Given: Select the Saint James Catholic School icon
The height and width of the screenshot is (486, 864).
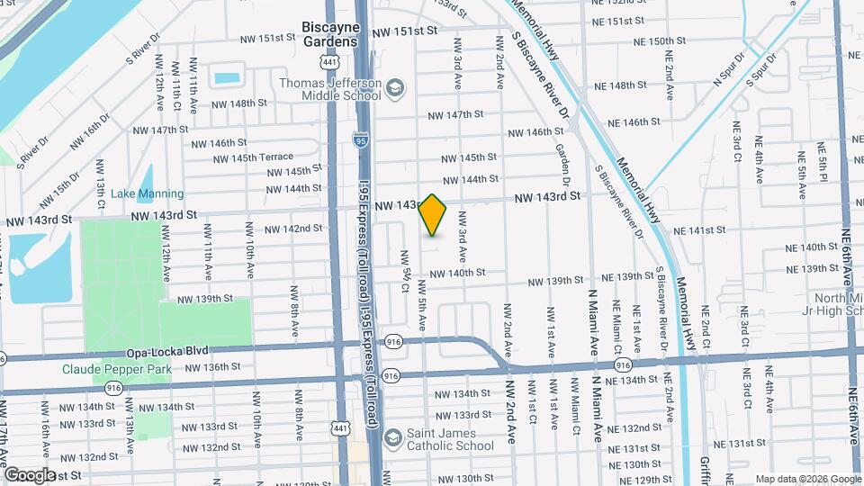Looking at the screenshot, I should [x=392, y=438].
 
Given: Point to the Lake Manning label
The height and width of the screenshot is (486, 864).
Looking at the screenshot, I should [x=141, y=193].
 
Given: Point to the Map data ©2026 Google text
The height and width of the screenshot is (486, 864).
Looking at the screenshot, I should [x=806, y=479].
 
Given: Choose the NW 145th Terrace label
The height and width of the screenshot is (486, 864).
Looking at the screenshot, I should [x=254, y=157].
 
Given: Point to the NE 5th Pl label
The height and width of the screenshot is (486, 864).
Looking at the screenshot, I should [x=822, y=162].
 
